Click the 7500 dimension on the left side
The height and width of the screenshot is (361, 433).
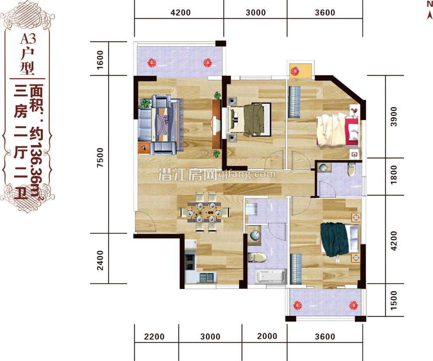coord(100,157)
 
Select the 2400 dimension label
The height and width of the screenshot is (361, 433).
coord(100,260)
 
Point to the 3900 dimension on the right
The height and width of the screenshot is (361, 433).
coord(394,117)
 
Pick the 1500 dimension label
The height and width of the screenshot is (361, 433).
coord(394,300)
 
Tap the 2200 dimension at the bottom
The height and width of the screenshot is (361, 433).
coord(154,336)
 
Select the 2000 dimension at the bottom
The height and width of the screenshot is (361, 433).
coord(267,336)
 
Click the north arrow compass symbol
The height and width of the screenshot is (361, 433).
coord(430,10)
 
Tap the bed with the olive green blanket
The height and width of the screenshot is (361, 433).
coord(249,119)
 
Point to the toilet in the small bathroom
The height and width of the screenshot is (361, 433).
coord(351,169)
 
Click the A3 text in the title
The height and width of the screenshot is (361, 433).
coord(28,39)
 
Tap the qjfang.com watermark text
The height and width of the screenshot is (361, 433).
coord(247,174)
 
